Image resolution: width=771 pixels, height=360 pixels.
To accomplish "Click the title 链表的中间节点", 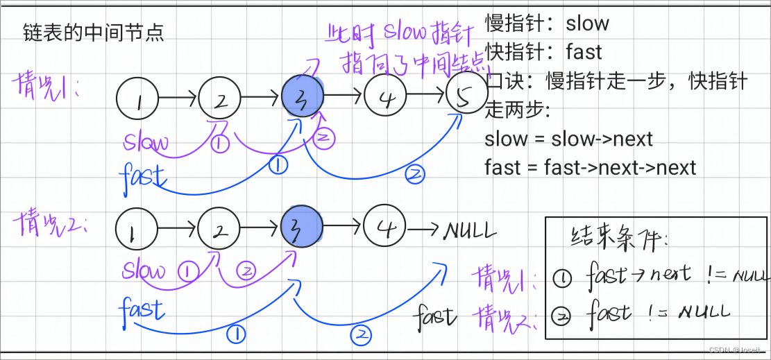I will coord(93,33).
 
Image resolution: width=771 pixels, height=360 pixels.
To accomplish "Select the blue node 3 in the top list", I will coord(303,97).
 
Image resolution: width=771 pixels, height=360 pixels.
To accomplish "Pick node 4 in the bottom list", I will coord(384,226).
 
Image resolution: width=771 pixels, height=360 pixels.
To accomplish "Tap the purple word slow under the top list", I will coord(146,143).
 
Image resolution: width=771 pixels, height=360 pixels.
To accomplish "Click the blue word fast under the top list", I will coord(142,175).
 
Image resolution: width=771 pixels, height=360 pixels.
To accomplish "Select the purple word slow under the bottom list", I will coord(144,271).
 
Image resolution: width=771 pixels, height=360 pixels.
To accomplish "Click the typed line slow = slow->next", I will coord(569,139).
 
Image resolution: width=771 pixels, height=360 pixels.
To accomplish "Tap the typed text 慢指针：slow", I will coord(547,24).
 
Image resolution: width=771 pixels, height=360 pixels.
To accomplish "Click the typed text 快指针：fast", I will coord(543,52).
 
